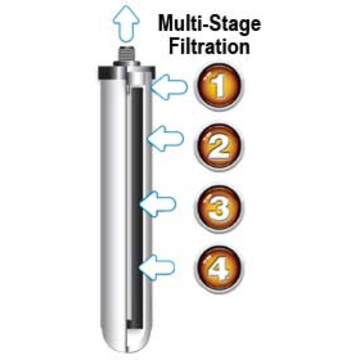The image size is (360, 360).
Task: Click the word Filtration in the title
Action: (210, 47)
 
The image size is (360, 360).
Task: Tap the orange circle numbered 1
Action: (219, 87)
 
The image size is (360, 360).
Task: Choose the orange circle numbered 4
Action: (219, 269)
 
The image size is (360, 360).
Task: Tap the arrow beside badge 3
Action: (158, 204)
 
